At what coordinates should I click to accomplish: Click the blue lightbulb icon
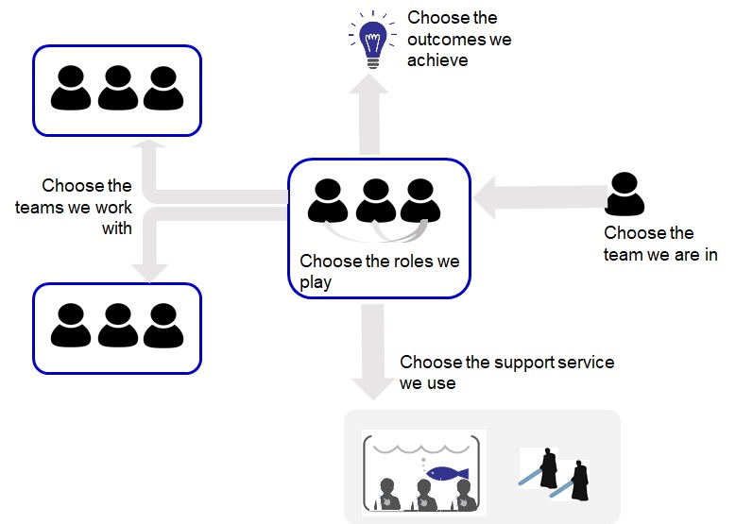click(369, 38)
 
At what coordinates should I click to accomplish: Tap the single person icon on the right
click(625, 194)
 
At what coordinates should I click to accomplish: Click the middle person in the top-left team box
click(117, 88)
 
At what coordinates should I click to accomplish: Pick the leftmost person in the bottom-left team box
click(71, 325)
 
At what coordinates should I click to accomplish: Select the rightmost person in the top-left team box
click(163, 88)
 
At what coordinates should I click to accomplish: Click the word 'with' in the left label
click(116, 228)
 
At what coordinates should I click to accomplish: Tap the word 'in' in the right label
click(708, 254)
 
